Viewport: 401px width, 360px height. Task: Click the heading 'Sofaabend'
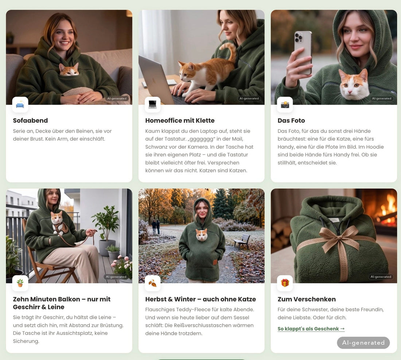point(30,121)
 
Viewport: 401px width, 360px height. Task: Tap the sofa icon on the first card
point(20,105)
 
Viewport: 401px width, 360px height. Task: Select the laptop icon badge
point(152,105)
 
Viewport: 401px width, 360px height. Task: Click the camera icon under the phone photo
point(285,105)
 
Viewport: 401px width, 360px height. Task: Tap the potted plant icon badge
point(20,283)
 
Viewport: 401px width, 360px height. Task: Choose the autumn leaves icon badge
point(152,283)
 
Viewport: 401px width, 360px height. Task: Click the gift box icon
point(285,283)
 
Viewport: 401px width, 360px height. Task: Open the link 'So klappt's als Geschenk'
point(311,329)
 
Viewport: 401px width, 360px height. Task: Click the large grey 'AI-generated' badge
point(363,343)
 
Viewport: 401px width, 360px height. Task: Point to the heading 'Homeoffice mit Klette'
point(180,121)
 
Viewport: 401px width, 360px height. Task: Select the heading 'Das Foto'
point(291,121)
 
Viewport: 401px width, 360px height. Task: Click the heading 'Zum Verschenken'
point(307,299)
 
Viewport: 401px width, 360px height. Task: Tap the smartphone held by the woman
point(303,52)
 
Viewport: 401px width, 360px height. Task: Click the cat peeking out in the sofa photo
point(69,70)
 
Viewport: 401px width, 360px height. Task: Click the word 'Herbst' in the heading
point(156,299)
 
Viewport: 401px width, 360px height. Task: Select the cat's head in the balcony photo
point(57,218)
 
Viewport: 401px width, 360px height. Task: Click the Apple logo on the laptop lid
point(154,80)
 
